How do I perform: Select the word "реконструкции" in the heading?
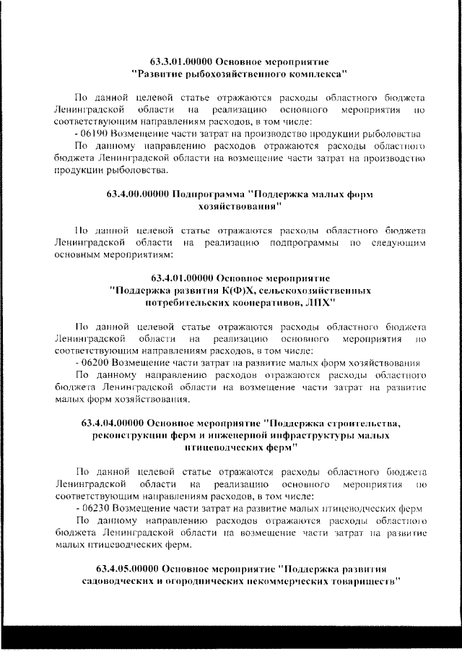(x=131, y=435)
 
